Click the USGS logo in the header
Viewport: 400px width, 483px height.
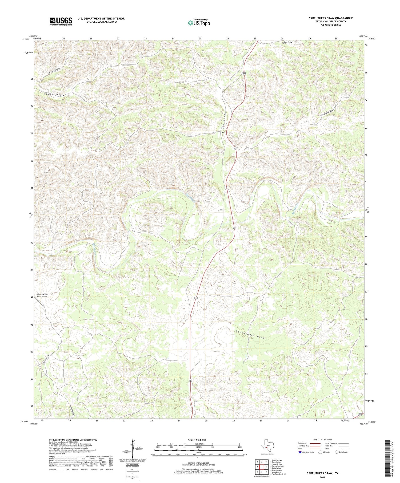61,21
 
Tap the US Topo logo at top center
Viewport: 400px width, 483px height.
199,23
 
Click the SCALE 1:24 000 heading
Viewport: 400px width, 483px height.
198,440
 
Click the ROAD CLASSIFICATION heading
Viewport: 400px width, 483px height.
323,440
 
